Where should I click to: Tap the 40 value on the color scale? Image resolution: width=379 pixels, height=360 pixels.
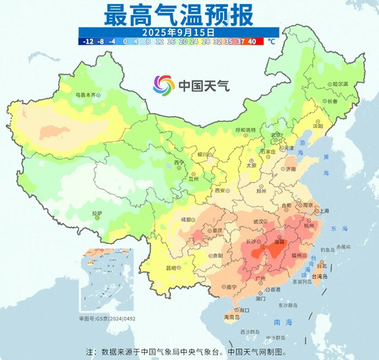(252, 42)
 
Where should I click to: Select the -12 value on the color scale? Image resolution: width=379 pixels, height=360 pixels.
(87, 42)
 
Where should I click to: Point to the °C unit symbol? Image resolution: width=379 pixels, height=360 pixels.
(272, 42)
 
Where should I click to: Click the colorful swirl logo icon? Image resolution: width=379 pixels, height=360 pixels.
(163, 85)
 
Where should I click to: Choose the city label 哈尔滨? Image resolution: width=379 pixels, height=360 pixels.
(340, 84)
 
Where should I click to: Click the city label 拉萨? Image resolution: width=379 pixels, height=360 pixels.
(97, 213)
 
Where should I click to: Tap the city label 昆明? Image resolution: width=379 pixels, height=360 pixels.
(171, 268)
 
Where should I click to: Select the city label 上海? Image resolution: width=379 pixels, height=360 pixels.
(324, 210)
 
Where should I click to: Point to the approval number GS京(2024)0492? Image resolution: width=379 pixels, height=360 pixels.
(107, 318)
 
